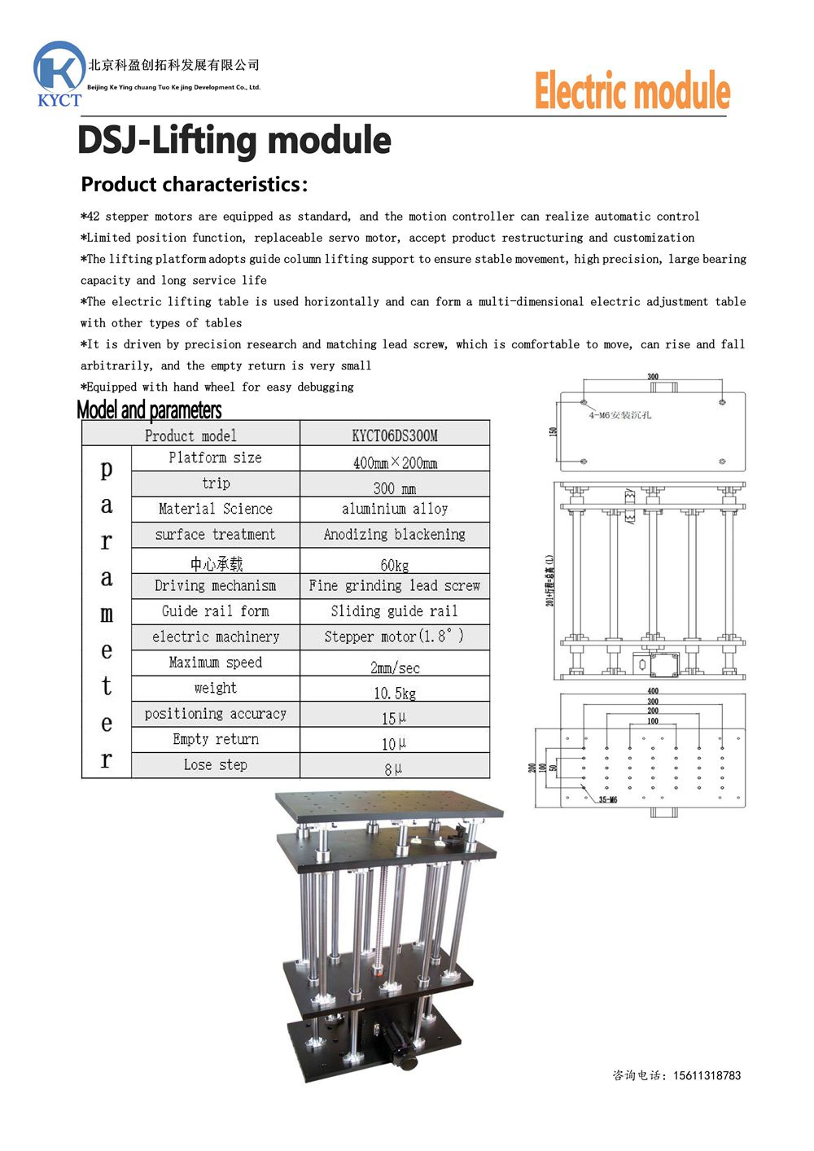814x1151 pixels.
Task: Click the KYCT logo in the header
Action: (59, 74)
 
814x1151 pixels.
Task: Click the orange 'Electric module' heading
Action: (632, 90)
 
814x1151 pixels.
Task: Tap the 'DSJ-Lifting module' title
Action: (234, 140)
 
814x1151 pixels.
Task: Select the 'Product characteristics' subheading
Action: (195, 185)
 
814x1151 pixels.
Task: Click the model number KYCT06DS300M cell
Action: (395, 435)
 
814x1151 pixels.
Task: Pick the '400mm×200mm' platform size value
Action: (395, 462)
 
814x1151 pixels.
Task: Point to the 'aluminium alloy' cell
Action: (395, 509)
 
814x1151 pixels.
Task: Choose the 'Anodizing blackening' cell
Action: (395, 535)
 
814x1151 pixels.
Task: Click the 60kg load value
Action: (395, 565)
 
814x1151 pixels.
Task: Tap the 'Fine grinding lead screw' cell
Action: (395, 585)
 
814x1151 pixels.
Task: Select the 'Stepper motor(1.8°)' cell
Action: (395, 637)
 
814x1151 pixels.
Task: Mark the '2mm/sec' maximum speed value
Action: (395, 667)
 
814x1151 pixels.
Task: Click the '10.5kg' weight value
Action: (395, 693)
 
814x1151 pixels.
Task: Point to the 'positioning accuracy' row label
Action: (216, 714)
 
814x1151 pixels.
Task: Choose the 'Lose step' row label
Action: (216, 764)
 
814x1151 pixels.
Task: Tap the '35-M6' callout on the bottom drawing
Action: (608, 799)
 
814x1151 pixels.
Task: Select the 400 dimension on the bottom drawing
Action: (653, 691)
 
